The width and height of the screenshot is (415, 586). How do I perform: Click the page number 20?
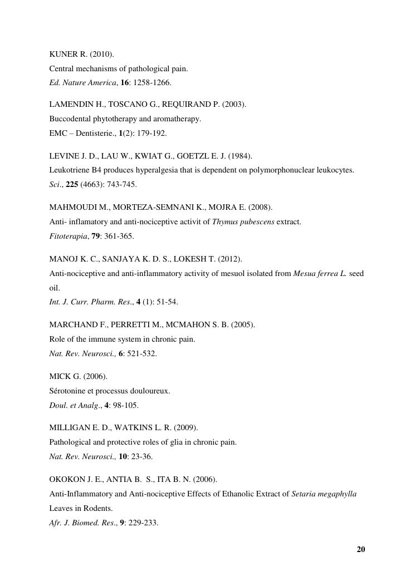point(361,550)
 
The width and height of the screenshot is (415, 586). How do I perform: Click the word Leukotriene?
point(69,170)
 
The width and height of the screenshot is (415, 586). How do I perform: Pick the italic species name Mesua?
point(304,274)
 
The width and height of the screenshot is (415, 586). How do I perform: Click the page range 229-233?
point(143,523)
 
